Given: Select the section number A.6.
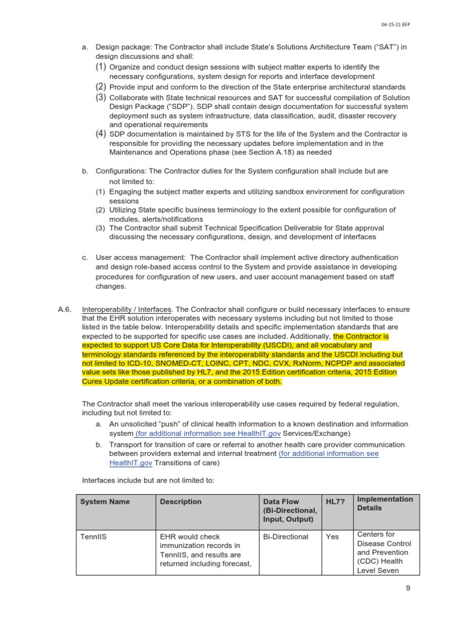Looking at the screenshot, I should (x=65, y=309).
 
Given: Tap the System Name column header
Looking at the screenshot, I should (x=105, y=502).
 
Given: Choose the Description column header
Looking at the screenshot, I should (x=180, y=502).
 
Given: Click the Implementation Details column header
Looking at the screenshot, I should (x=385, y=504).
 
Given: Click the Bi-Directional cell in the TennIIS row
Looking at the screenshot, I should (x=286, y=537).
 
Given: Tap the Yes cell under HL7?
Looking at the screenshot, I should (x=332, y=537).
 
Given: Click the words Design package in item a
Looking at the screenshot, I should (x=121, y=47).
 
